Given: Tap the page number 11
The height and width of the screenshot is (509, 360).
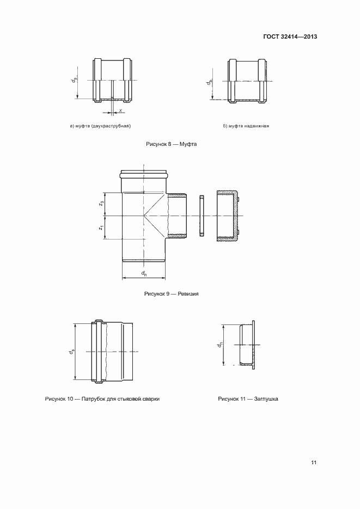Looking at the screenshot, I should pos(314,463).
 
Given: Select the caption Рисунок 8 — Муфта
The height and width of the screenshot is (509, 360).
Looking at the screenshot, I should pos(170,144).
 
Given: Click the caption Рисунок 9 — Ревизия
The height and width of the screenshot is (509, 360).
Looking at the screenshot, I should pos(170,293).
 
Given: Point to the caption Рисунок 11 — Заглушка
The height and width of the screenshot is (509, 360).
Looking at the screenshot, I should pos(248,399).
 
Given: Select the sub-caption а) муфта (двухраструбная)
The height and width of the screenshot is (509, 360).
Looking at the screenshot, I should pos(101,126).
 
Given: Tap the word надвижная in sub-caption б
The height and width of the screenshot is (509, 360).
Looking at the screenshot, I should pos(257,126).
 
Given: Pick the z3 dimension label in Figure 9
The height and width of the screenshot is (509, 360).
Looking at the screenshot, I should pos(101,204).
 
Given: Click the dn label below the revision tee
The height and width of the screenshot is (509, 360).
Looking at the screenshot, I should pos(144,273).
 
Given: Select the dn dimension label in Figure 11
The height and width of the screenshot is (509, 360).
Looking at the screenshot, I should pos(219,345).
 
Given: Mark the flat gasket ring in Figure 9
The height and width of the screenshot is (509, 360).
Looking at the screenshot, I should pos(202,216).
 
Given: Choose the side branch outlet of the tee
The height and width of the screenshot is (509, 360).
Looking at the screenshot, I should pos(176,216).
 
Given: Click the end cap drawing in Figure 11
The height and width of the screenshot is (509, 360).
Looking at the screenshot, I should pos(247,345).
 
